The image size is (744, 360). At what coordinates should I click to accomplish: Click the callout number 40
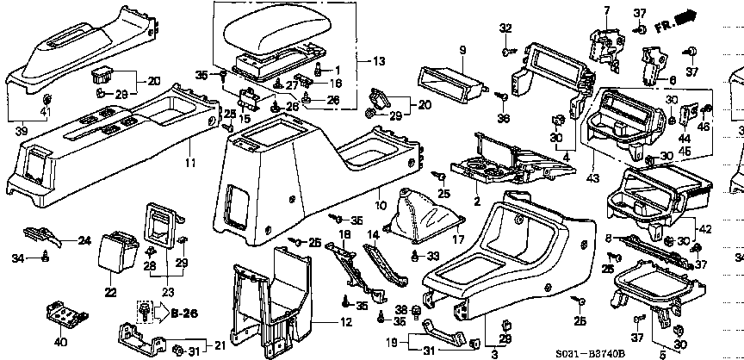[x=59, y=343]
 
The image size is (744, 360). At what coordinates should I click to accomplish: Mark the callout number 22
[x=110, y=293]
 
